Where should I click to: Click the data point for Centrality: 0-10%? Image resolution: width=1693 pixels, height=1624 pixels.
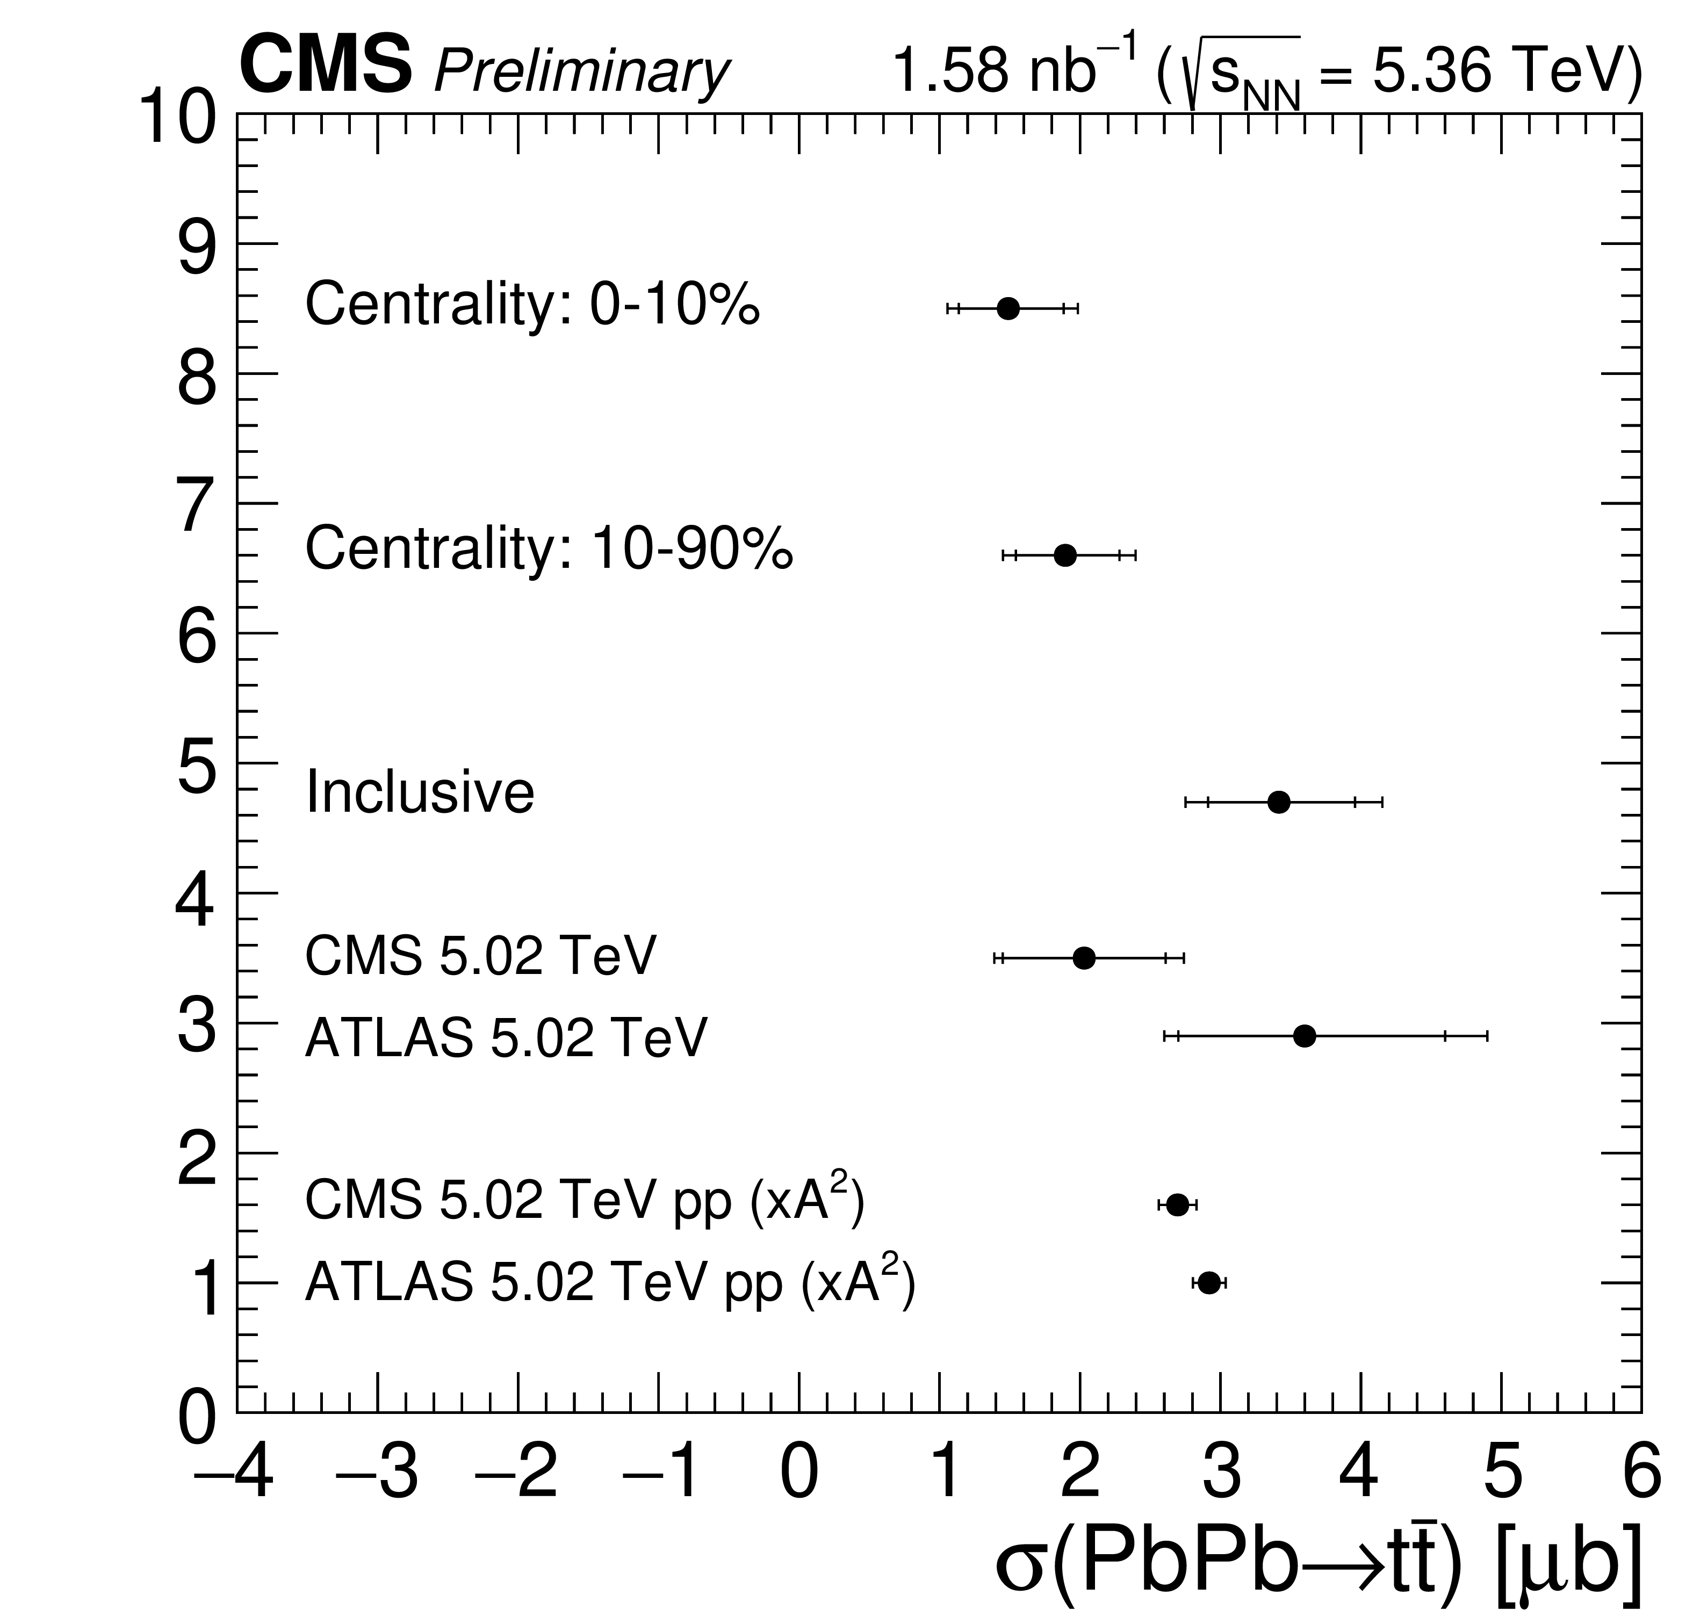pos(1008,308)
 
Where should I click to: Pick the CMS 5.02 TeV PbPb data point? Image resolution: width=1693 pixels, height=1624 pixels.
pos(1084,957)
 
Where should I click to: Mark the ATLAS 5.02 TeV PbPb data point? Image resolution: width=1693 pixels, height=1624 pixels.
pos(1305,1036)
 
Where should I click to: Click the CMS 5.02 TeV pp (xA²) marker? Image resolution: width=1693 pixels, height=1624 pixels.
pos(1177,1205)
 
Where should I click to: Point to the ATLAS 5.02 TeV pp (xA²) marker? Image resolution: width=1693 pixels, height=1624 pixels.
pos(1209,1283)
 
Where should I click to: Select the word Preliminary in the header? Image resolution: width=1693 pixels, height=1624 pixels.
pos(581,71)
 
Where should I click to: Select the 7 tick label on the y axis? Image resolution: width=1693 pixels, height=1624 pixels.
pos(197,506)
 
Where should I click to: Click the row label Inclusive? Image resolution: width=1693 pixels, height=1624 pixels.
pos(420,792)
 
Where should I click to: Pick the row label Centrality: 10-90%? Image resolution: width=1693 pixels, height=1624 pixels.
pos(549,548)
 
